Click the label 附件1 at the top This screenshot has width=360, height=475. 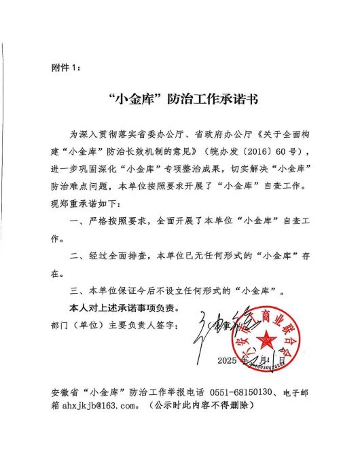tap(65, 67)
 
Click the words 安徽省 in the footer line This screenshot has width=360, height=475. tap(66, 392)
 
